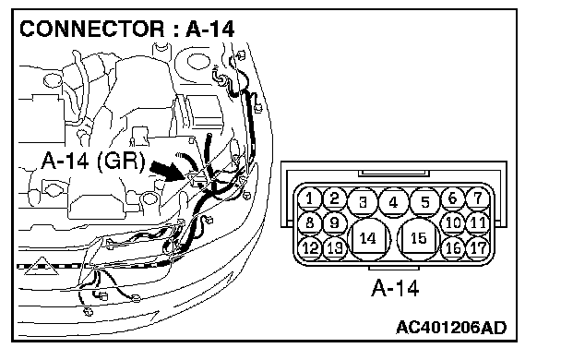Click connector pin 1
309,198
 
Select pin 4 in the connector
393,202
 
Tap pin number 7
478,198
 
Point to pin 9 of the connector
335,223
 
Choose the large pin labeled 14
369,239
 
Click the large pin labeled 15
418,239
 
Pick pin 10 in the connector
453,223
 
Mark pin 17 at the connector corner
478,248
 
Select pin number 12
309,248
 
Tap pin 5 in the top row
424,202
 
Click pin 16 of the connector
453,248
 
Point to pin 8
309,223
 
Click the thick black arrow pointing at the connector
168,171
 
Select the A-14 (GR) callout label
94,161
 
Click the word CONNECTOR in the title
92,29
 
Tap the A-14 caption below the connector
395,288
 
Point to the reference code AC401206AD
451,328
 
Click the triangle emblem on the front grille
42,267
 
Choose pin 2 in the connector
335,198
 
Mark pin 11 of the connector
478,223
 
